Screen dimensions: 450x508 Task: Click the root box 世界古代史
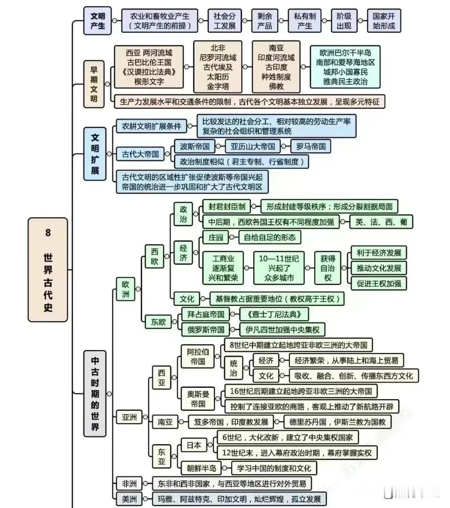[x=47, y=269]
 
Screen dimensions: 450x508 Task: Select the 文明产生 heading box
[x=97, y=21]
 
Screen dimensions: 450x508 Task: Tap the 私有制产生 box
[x=305, y=21]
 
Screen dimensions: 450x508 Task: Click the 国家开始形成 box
[x=384, y=21]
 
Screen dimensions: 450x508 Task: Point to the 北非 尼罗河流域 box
[x=218, y=67]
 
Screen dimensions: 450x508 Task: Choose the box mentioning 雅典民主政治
[x=345, y=67]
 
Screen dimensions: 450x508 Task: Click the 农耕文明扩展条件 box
[x=151, y=126]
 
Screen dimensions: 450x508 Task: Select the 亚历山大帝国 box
[x=252, y=146]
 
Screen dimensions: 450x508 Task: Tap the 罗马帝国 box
[x=310, y=146]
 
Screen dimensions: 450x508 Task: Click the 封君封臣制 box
[x=227, y=206]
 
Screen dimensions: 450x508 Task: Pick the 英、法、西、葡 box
[x=381, y=222]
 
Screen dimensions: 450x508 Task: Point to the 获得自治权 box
[x=327, y=268]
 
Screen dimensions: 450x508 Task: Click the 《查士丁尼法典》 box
[x=274, y=314]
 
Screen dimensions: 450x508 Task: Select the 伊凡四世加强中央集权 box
[x=282, y=329]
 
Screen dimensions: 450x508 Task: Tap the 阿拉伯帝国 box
[x=197, y=357]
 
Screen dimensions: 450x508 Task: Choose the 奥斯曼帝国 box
[x=197, y=399]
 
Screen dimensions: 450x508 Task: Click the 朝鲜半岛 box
[x=201, y=468]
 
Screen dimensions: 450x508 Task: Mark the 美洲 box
[x=129, y=499]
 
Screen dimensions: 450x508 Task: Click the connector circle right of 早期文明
[x=107, y=84]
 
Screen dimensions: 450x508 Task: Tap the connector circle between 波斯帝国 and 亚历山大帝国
[x=218, y=146]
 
